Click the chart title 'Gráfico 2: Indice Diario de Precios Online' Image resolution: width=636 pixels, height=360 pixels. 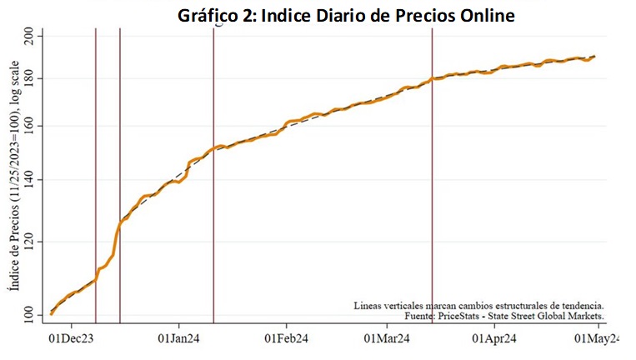click(346, 16)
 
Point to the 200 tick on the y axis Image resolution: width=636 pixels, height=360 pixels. click(28, 36)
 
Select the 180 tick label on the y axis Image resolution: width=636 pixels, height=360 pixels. click(28, 78)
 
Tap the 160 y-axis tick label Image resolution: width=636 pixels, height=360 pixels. click(28, 126)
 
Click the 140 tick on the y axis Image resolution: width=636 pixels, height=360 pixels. click(28, 180)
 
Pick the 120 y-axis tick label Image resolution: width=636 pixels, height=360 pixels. click(28, 242)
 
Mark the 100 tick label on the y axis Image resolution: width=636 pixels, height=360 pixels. click(28, 316)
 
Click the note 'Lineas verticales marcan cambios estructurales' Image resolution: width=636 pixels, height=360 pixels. click(478, 305)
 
